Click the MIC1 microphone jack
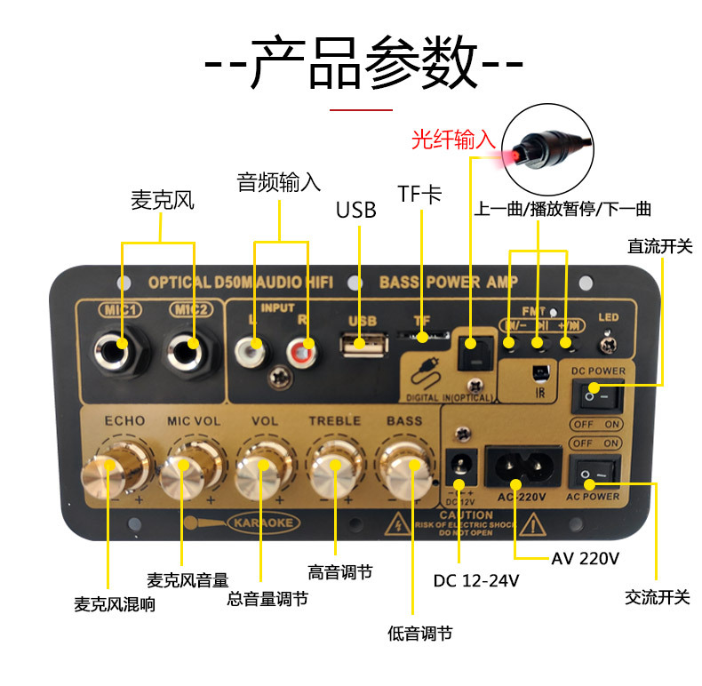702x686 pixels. pos(121,345)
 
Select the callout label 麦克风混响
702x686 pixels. pos(115,604)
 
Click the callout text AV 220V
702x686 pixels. pos(585,558)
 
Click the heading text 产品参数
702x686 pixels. pos(363,64)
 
